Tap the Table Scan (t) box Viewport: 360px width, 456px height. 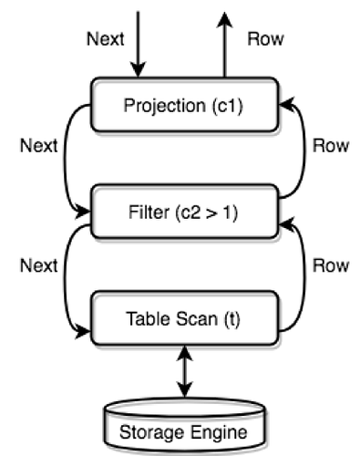184,320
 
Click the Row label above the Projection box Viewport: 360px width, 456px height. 266,39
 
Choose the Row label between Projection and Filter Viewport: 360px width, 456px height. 331,145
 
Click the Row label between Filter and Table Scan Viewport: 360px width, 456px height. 331,264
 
